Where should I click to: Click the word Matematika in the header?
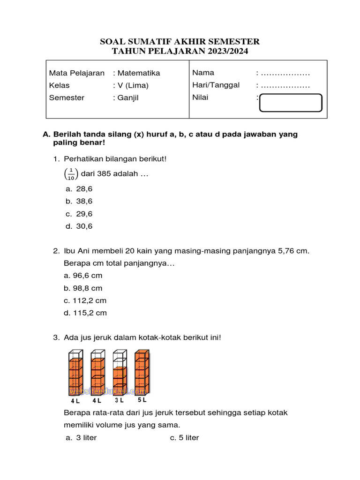139,73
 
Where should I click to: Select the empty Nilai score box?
291,103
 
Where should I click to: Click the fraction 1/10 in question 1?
71,174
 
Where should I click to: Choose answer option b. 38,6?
79,201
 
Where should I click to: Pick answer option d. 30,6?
79,226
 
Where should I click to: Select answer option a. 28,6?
79,189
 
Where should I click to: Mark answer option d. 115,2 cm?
85,313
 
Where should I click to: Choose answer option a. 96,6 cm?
83,276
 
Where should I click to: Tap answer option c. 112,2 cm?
85,300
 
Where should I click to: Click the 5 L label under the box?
142,401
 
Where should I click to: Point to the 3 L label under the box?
119,401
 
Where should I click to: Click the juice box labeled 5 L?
142,373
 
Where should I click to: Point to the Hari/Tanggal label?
216,85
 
